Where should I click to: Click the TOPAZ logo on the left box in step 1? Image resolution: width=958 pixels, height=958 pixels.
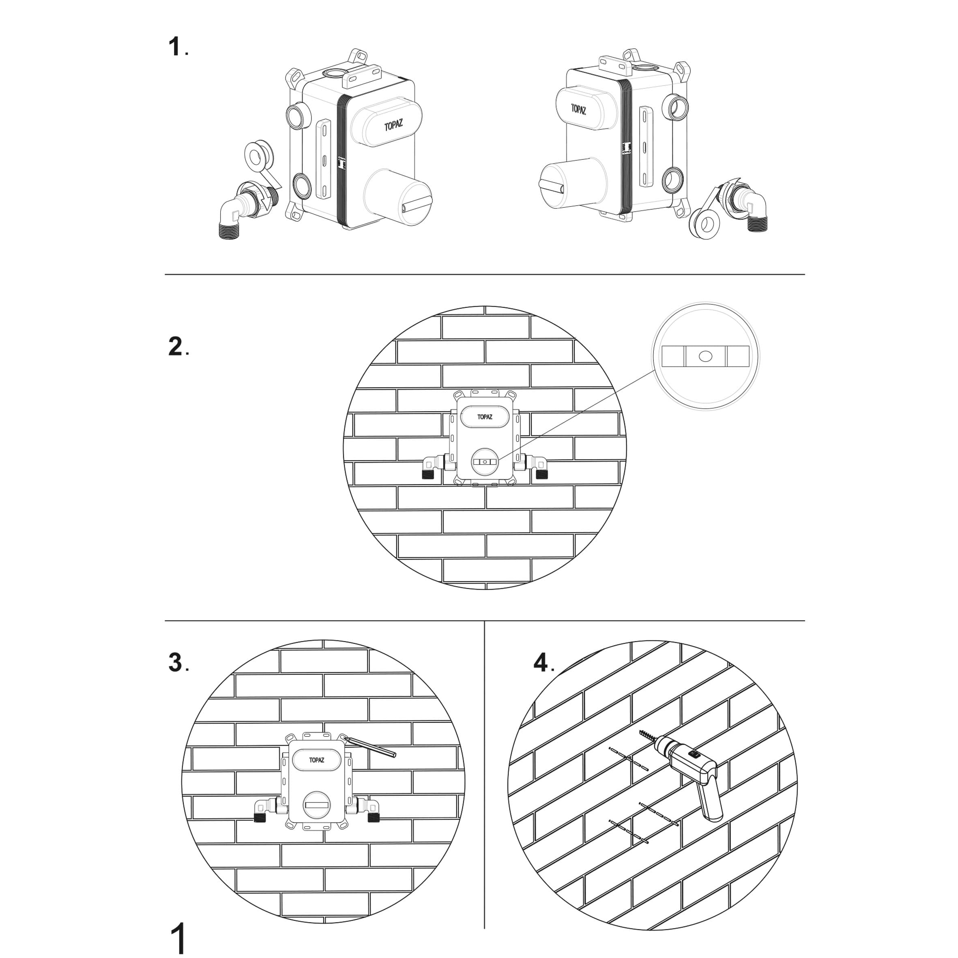393,125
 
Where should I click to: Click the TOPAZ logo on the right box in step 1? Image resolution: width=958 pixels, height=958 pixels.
578,109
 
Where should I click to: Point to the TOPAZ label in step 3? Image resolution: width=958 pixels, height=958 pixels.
316,760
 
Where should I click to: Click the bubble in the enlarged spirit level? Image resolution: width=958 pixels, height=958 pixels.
706,356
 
